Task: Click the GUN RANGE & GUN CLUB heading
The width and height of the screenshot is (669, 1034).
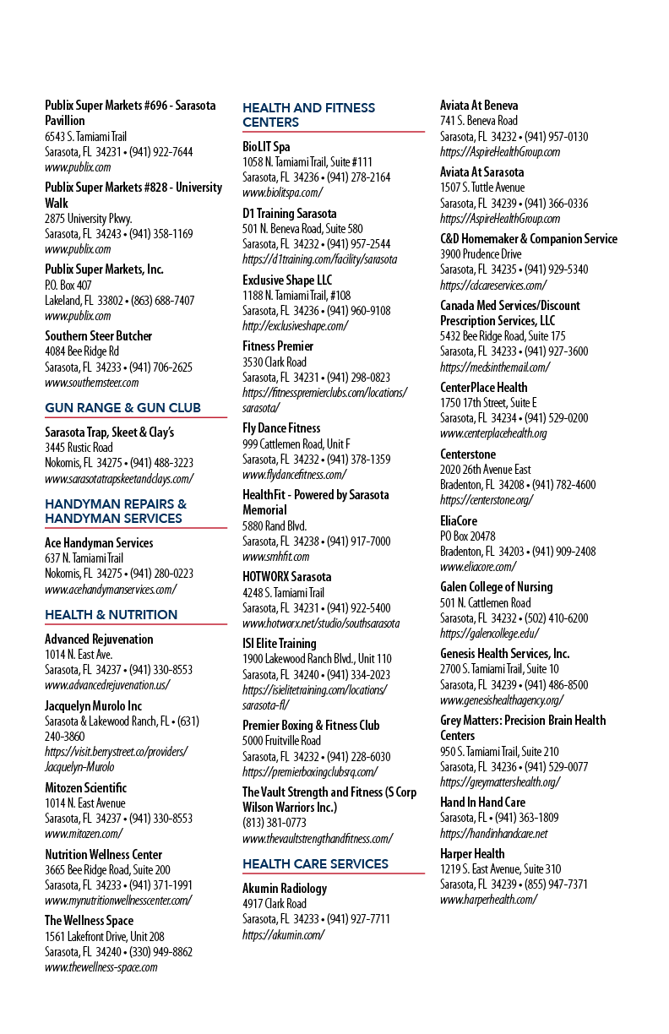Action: tap(122, 407)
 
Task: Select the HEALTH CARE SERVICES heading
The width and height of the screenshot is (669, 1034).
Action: tap(315, 863)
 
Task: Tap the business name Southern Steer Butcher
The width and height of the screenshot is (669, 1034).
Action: tap(98, 336)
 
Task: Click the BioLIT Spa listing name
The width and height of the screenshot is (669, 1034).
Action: tap(266, 147)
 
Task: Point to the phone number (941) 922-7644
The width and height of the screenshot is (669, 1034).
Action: tap(160, 152)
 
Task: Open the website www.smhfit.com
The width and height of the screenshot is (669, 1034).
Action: tap(276, 557)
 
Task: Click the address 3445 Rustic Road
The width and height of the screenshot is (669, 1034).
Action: tap(79, 448)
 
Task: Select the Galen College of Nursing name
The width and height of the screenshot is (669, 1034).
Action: tap(497, 587)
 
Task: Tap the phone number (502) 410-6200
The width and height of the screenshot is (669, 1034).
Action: tap(557, 618)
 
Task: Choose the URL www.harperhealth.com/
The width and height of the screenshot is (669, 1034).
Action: tap(488, 900)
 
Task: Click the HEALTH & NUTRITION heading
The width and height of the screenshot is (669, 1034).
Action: tap(111, 614)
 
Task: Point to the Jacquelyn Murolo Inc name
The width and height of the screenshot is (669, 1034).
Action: tap(93, 706)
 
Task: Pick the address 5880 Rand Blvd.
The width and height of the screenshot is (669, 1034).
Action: tap(275, 525)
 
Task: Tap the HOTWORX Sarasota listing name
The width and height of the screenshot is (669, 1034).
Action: tap(287, 577)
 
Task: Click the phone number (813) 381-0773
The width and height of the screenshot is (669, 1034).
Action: tap(275, 823)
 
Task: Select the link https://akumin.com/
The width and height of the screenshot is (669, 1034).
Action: tap(284, 935)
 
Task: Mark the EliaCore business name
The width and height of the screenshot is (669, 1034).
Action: tap(459, 521)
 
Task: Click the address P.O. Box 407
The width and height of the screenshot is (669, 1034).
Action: tap(68, 286)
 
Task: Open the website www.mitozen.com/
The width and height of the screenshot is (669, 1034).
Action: tap(84, 834)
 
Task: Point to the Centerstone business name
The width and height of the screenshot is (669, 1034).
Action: tap(468, 454)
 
